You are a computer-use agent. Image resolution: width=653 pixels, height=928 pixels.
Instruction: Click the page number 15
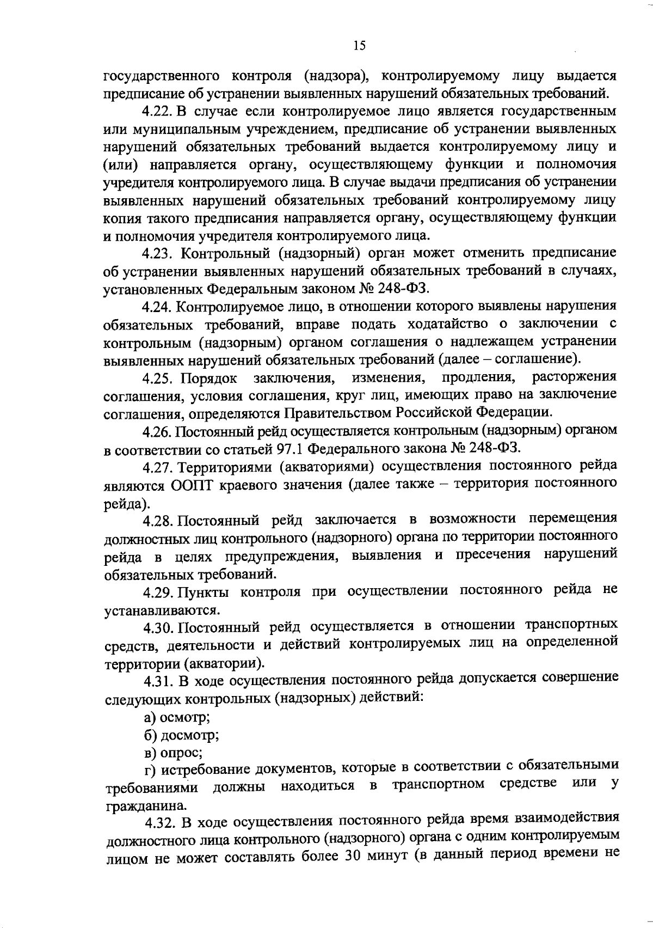[359, 46]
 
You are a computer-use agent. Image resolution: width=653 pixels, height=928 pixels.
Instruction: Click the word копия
[120, 219]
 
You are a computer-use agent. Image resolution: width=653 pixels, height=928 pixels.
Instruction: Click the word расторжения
[574, 377]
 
